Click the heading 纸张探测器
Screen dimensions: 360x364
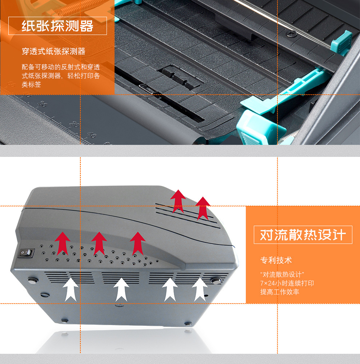pos(57,26)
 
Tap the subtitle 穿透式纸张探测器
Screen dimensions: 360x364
pos(53,51)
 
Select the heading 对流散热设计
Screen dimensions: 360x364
pos(303,235)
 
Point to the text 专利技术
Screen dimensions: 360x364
pos(276,260)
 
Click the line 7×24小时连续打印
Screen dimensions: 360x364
pos(287,283)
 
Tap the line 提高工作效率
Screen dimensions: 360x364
pos(280,292)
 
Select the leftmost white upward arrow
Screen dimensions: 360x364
pos(71,290)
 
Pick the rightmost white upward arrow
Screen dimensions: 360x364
pos(200,290)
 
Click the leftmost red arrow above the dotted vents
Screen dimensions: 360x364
pos(63,244)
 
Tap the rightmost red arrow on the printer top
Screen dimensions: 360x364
pos(203,209)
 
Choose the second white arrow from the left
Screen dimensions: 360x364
pos(121,290)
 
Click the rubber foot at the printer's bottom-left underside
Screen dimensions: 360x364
pos(64,321)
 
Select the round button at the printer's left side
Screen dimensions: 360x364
pos(33,280)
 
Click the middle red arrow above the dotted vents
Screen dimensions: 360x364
pos(99,244)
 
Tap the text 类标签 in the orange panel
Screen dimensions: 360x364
pos(31,84)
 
